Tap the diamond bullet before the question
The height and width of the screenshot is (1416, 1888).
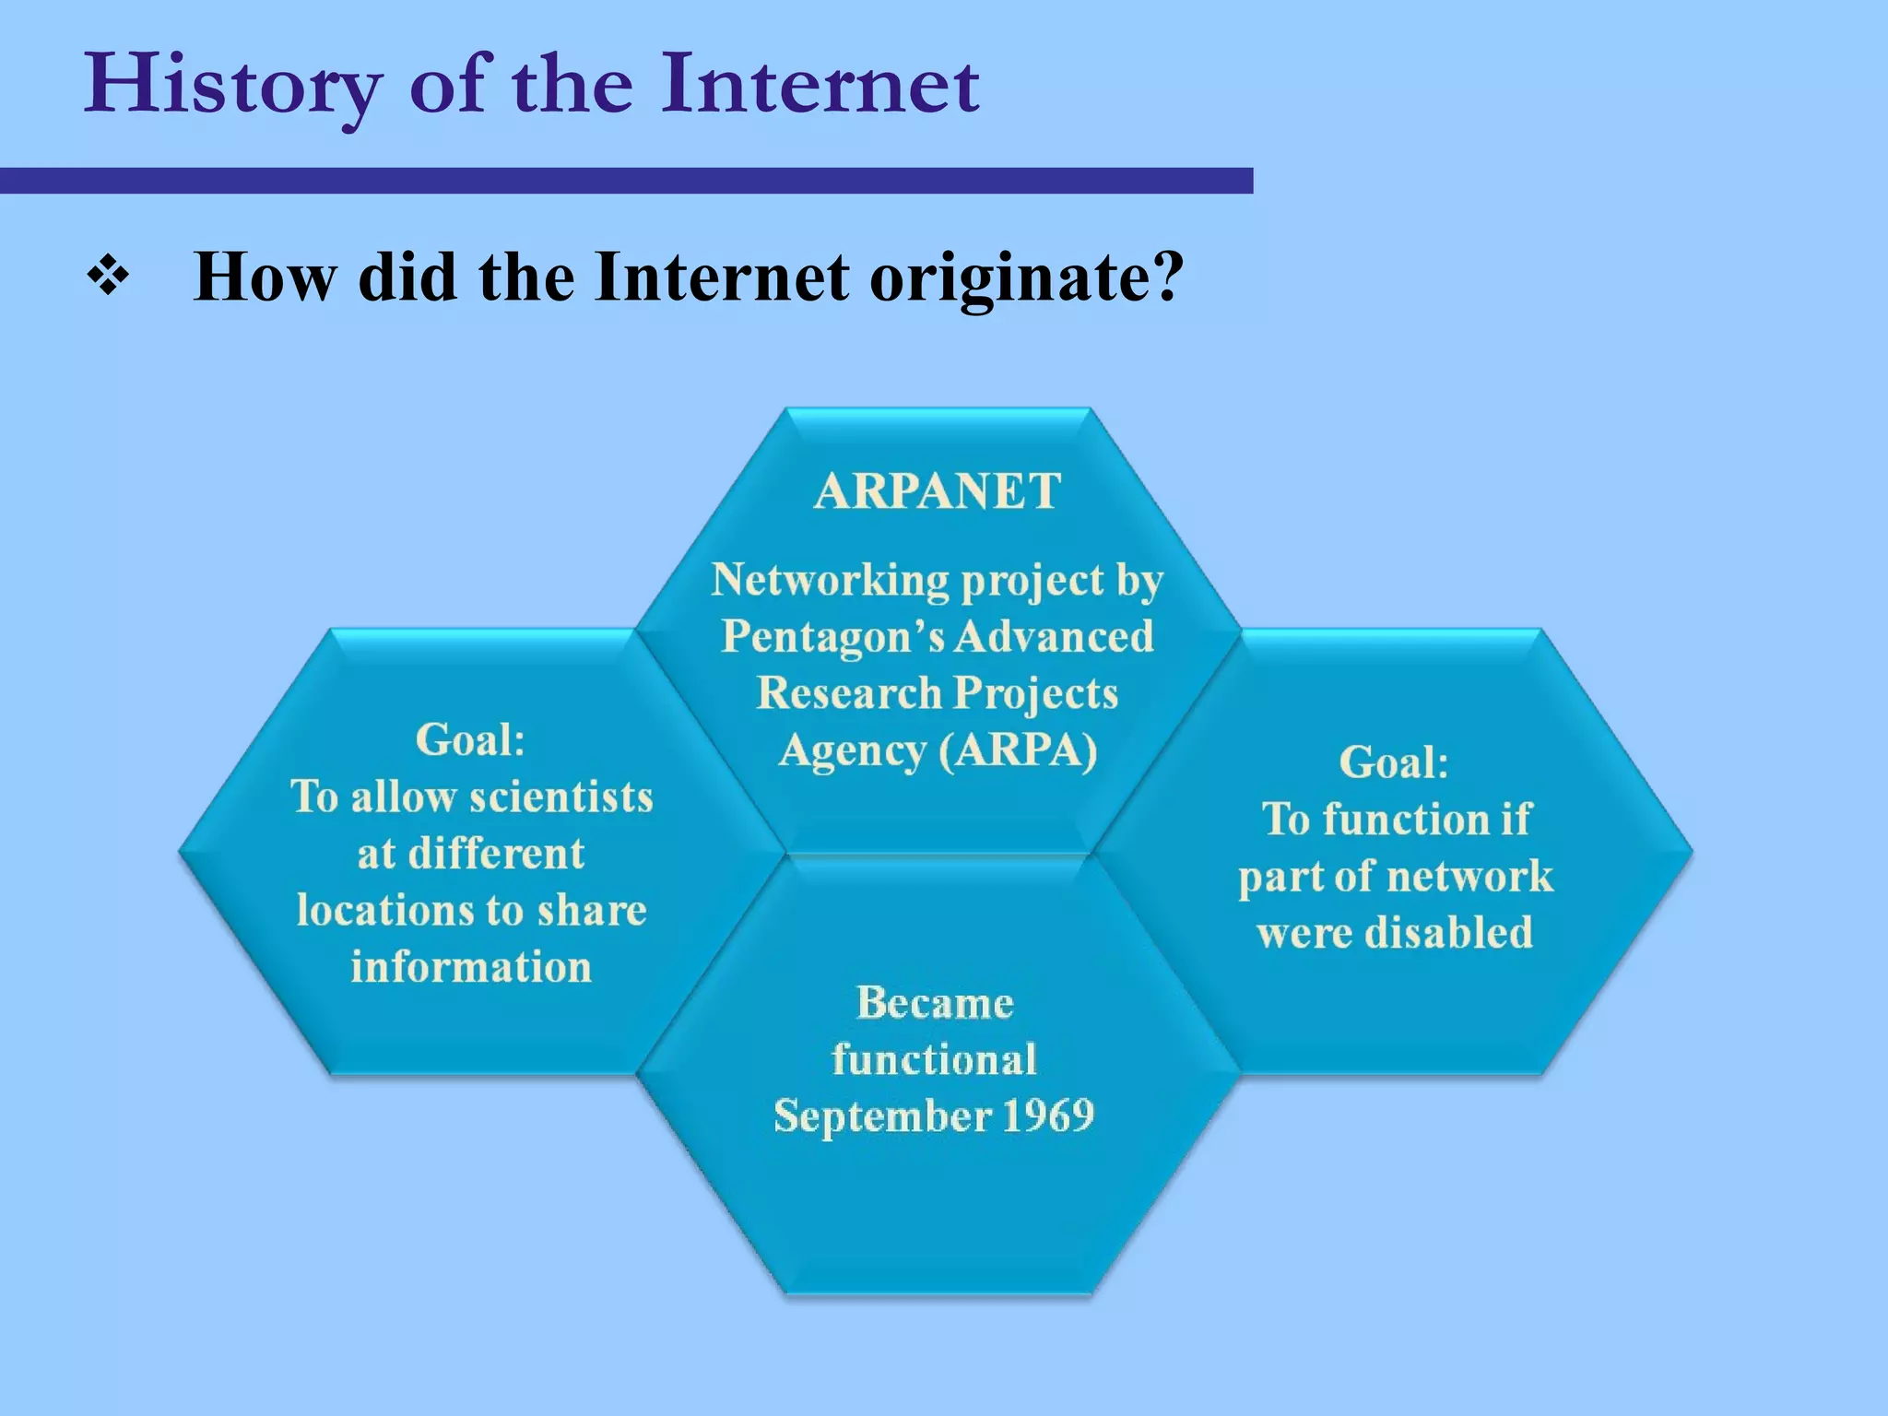(108, 277)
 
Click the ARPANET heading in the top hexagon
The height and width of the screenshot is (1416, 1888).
(938, 490)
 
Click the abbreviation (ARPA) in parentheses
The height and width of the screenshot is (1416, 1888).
(1018, 749)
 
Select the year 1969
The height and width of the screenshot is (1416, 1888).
(1047, 1115)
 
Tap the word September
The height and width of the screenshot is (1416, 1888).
(881, 1115)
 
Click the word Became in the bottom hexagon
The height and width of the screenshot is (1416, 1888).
(935, 1002)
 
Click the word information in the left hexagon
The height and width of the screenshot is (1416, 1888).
(471, 967)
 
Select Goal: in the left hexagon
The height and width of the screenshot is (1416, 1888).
(470, 739)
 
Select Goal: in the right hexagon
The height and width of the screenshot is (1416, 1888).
(1394, 762)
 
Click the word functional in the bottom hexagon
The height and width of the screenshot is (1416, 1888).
(934, 1058)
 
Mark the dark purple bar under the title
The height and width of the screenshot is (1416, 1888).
(627, 181)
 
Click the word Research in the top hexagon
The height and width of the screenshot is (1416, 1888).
(848, 693)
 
